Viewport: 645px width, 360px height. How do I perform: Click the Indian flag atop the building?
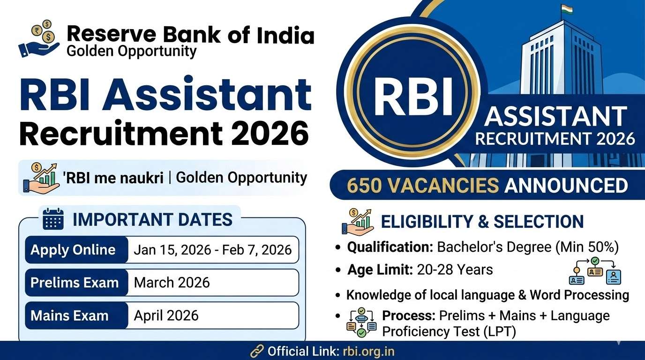tap(567, 10)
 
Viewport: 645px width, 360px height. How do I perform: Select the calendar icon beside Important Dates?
tap(53, 219)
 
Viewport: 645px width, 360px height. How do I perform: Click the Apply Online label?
tap(73, 249)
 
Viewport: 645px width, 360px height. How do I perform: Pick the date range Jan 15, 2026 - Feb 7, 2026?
tap(212, 250)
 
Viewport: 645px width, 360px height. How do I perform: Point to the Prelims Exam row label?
tap(75, 283)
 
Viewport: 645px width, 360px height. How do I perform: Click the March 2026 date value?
tap(172, 283)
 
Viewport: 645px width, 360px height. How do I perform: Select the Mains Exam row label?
tap(69, 315)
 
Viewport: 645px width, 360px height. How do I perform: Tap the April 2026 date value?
tap(166, 315)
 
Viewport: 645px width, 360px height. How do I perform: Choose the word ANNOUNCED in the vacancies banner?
tap(566, 186)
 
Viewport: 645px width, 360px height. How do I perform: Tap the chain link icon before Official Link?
tap(257, 352)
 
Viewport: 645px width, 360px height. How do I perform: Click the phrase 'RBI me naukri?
tap(113, 179)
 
